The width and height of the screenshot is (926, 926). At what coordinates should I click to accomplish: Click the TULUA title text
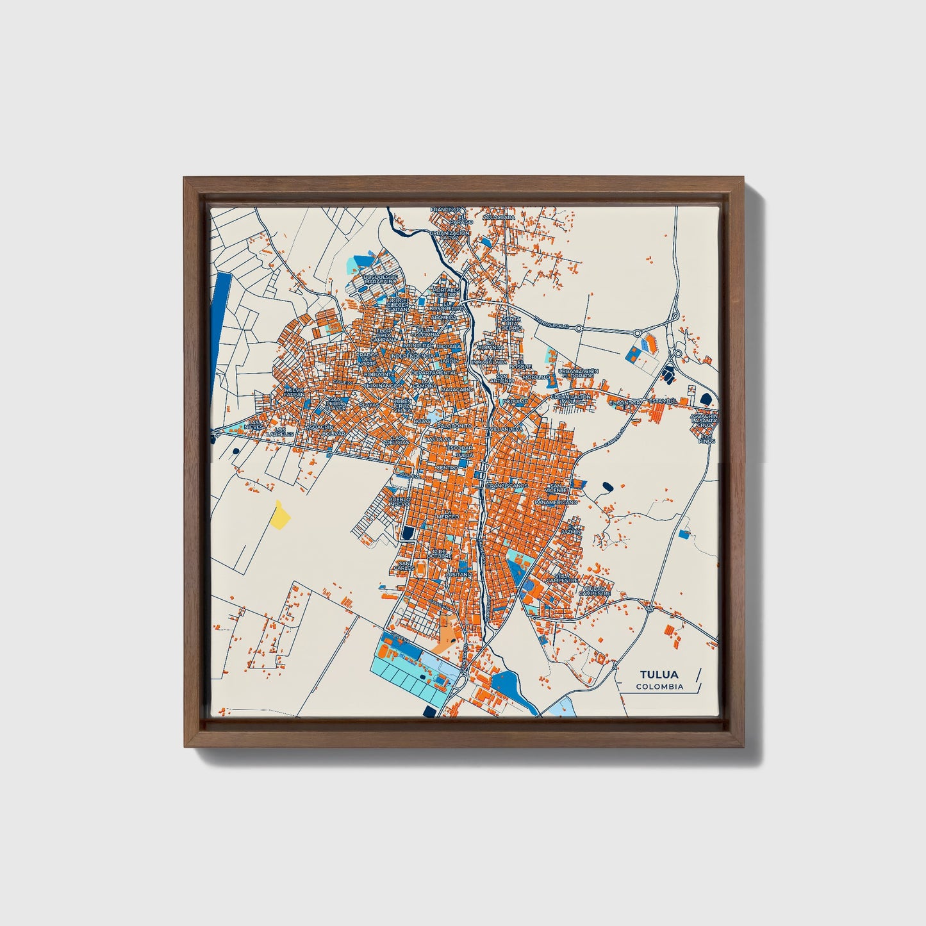659,675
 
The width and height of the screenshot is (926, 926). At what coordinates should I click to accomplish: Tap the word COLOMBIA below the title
659,687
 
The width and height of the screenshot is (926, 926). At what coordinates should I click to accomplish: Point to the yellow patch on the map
280,515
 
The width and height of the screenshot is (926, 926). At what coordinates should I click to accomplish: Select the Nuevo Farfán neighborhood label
294,392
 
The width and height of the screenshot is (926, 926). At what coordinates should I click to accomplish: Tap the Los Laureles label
280,432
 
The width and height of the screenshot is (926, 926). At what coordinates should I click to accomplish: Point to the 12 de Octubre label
442,554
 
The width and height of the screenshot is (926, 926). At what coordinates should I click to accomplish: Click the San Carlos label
404,565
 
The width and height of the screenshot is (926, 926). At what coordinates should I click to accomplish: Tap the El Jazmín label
570,529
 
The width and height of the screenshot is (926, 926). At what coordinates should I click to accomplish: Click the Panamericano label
556,502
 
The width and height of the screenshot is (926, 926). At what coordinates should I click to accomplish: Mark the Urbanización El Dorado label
578,372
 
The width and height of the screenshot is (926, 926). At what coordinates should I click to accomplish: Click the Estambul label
663,401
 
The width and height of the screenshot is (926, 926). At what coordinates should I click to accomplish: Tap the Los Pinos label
707,439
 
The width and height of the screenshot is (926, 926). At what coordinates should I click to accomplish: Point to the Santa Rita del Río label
511,324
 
